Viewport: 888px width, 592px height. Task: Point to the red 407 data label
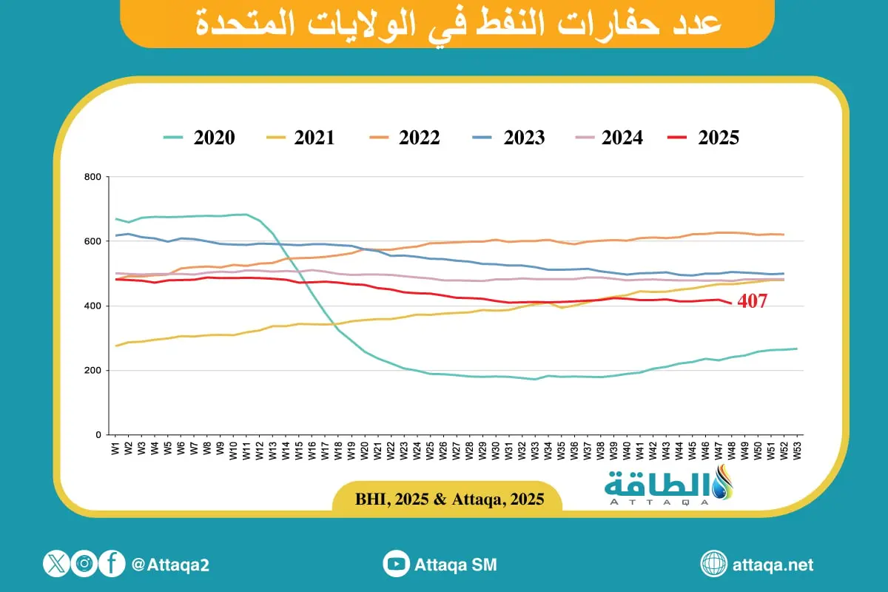752,301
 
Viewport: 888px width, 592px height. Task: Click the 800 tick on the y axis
92,178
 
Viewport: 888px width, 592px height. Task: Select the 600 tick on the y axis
92,242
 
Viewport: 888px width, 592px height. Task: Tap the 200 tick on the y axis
92,371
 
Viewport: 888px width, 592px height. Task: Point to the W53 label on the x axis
797,448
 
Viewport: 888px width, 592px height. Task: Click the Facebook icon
112,565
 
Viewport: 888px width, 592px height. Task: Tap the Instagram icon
85,565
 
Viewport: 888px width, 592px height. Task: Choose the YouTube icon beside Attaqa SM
397,565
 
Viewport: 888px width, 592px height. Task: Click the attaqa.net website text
772,565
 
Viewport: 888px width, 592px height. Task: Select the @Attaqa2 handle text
170,565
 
